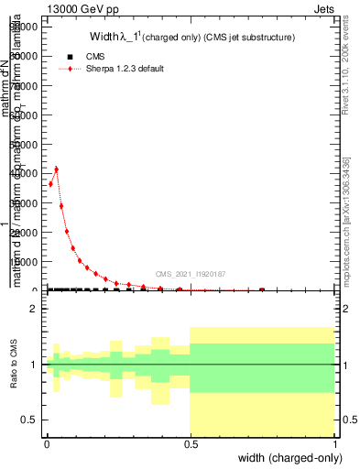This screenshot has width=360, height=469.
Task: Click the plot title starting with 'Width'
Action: point(191,38)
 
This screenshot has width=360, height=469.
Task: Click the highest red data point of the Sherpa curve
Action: point(57,169)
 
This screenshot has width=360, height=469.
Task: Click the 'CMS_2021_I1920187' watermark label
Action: point(191,274)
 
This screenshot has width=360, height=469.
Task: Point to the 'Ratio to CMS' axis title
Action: point(14,365)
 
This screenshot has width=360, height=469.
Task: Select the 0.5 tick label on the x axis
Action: point(191,444)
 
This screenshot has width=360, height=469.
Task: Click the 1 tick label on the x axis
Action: point(334,444)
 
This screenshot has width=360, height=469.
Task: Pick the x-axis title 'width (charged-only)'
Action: point(288,458)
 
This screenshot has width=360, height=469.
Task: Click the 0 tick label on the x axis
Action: point(47,444)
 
